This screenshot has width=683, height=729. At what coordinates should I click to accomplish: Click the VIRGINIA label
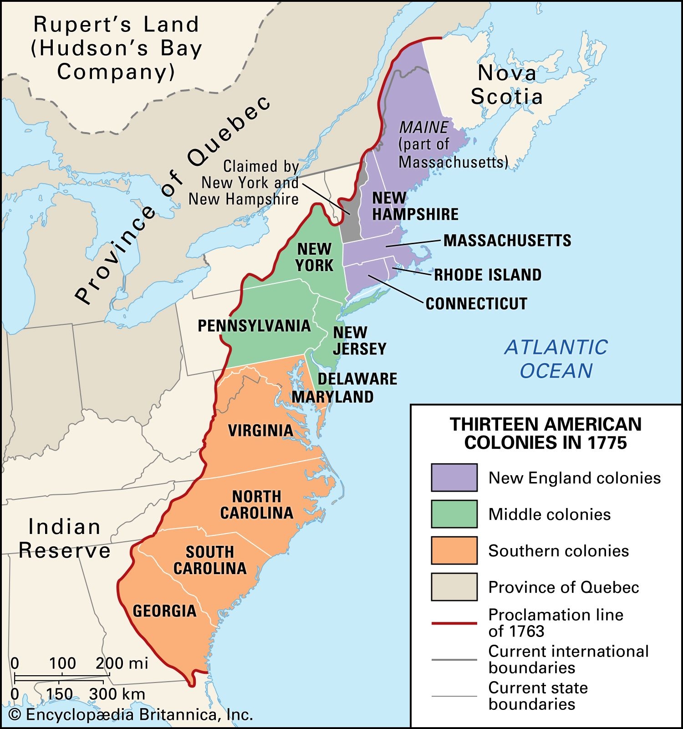pos(260,431)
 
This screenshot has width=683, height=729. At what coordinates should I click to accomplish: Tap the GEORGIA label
pos(164,611)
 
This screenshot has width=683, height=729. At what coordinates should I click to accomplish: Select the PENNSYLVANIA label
pos(254,326)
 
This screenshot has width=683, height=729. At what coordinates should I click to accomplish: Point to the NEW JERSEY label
pos(359,341)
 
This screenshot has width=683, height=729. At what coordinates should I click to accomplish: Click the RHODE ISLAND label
pos(488,275)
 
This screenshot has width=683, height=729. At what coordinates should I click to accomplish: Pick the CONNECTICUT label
pos(476,304)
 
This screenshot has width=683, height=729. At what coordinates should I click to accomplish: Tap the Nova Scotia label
pos(506,85)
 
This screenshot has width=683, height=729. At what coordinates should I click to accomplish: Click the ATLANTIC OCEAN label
pos(556,359)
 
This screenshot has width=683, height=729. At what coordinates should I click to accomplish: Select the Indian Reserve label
pos(64,539)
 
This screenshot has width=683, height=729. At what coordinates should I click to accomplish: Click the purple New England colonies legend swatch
pos(454,477)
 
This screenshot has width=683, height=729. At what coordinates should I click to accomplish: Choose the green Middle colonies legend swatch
pos(454,514)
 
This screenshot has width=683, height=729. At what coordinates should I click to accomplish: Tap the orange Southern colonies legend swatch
pos(454,550)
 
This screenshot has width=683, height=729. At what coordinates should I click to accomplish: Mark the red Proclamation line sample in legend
pos(454,623)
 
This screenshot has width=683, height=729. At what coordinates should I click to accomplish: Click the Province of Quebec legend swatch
pos(454,587)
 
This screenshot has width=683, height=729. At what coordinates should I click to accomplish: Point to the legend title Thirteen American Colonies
pos(545,433)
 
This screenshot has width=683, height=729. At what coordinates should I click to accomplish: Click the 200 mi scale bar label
pos(122,663)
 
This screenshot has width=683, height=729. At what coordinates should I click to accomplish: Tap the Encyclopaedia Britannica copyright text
pos(131,714)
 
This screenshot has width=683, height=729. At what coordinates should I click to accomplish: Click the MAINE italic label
pos(423,127)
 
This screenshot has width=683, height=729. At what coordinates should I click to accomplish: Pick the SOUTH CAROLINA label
pos(210,560)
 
